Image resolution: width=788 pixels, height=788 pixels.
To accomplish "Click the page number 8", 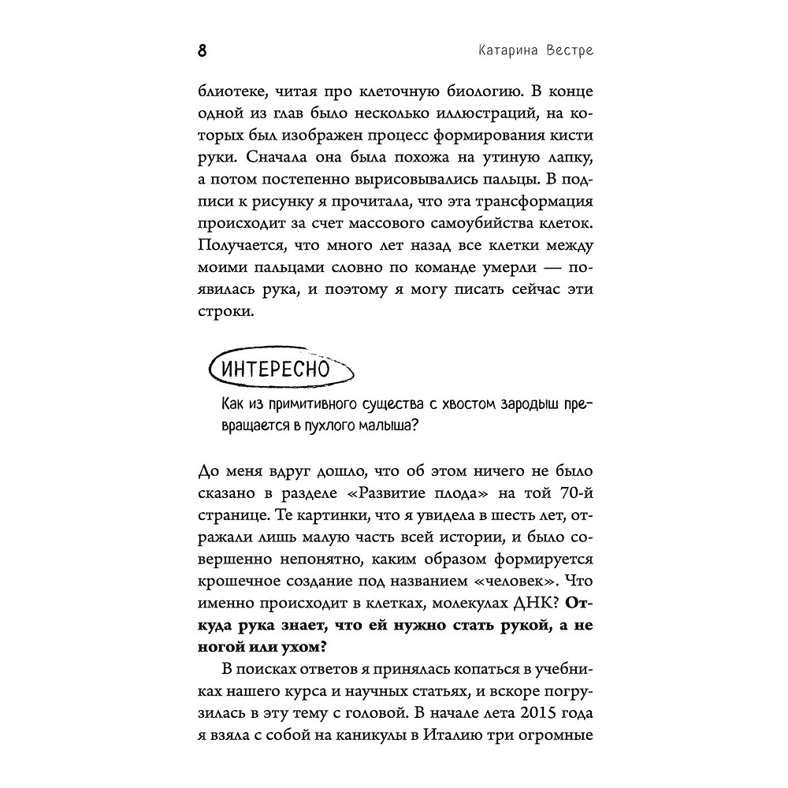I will (202, 50).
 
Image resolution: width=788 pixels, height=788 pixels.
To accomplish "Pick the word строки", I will (224, 312).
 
